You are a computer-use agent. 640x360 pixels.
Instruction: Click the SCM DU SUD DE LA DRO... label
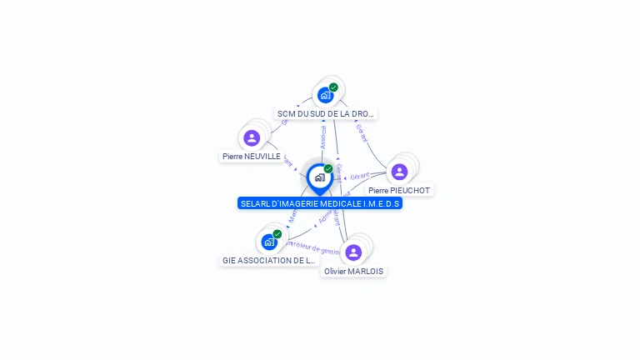click(327, 113)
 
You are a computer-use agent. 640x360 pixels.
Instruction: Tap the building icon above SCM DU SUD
click(326, 94)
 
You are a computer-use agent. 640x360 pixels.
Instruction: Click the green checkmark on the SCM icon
click(333, 87)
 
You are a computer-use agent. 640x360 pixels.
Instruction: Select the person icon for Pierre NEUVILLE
click(252, 137)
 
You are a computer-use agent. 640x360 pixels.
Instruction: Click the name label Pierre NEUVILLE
click(252, 156)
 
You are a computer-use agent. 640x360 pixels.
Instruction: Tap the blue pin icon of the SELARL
click(319, 177)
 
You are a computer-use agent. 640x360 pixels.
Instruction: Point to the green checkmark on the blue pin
click(328, 168)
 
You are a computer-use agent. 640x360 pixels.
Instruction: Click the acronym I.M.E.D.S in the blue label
click(382, 203)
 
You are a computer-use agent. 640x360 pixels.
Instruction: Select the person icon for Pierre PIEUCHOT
click(399, 172)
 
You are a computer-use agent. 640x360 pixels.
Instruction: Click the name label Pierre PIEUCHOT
click(399, 190)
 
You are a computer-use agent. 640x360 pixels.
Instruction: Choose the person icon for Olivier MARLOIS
click(353, 252)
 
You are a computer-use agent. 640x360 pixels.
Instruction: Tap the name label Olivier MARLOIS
click(354, 271)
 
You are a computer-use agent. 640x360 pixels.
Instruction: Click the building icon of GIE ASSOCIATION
click(269, 242)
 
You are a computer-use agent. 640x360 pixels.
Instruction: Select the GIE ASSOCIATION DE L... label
click(269, 260)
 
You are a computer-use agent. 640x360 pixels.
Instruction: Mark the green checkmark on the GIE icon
click(277, 234)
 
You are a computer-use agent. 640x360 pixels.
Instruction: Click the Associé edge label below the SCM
click(323, 137)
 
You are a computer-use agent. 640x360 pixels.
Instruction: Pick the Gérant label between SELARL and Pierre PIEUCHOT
click(360, 176)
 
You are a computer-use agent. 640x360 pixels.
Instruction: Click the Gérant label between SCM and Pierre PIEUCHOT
click(361, 132)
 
